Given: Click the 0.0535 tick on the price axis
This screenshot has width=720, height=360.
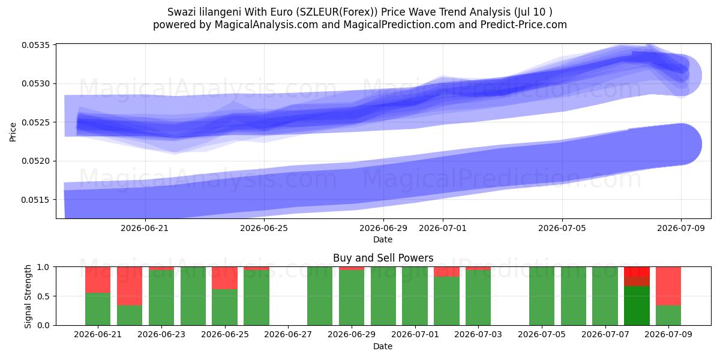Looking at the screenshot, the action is point(35,45).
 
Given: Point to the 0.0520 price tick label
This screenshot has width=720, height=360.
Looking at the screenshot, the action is point(35,161).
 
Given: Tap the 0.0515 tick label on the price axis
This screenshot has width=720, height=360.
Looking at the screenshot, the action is point(35,200).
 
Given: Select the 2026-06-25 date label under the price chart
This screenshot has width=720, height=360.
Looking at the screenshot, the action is point(264,228).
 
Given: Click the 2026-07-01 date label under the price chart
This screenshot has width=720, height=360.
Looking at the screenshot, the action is point(443,228).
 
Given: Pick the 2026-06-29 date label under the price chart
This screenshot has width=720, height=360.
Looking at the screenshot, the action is point(383,228).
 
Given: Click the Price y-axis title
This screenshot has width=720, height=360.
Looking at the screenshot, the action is point(13,132).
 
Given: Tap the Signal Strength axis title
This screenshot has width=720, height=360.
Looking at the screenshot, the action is point(28,296).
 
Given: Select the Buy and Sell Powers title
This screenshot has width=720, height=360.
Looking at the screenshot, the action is point(383,258).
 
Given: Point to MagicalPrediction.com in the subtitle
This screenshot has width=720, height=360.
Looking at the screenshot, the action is point(399,25).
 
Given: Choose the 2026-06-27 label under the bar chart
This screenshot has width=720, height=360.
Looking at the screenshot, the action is point(287,334).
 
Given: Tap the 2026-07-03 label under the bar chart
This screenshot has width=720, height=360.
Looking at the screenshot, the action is point(478,334).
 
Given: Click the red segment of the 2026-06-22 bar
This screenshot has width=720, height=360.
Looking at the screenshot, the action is point(130,286).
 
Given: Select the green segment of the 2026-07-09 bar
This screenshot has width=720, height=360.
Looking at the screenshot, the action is point(668,316).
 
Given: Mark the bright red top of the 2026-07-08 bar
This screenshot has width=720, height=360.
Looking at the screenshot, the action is point(637,271).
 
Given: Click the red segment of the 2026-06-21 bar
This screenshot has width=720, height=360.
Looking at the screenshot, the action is point(98,280).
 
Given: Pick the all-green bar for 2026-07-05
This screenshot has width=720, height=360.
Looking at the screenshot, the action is point(542,296).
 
